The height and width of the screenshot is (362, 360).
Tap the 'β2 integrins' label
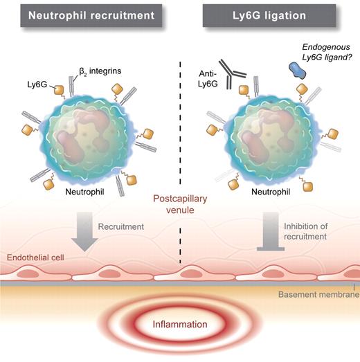click(x=94, y=70)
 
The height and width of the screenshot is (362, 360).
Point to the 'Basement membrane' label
click(x=317, y=295)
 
